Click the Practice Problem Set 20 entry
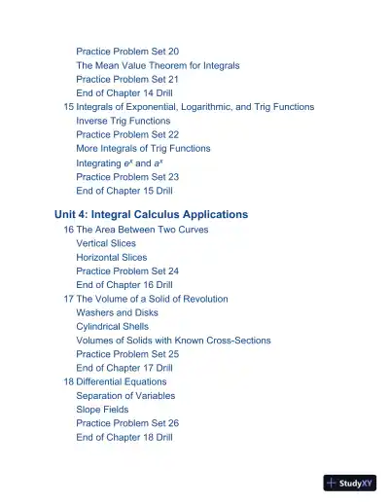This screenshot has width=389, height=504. click(126, 51)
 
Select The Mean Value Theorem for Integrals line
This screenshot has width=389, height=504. click(158, 65)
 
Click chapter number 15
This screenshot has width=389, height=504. click(68, 107)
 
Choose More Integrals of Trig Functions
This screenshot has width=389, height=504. click(143, 149)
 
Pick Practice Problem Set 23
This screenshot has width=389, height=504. click(126, 177)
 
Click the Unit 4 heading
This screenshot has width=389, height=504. click(151, 214)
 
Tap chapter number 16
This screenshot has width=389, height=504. click(68, 230)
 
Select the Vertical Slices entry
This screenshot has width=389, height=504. click(106, 243)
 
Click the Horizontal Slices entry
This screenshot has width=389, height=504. click(112, 258)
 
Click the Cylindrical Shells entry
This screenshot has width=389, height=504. click(113, 327)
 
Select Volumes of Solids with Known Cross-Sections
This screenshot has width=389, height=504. click(173, 341)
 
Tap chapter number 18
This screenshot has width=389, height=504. click(68, 382)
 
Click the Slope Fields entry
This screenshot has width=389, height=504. click(102, 410)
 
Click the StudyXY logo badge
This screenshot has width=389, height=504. click(350, 483)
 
